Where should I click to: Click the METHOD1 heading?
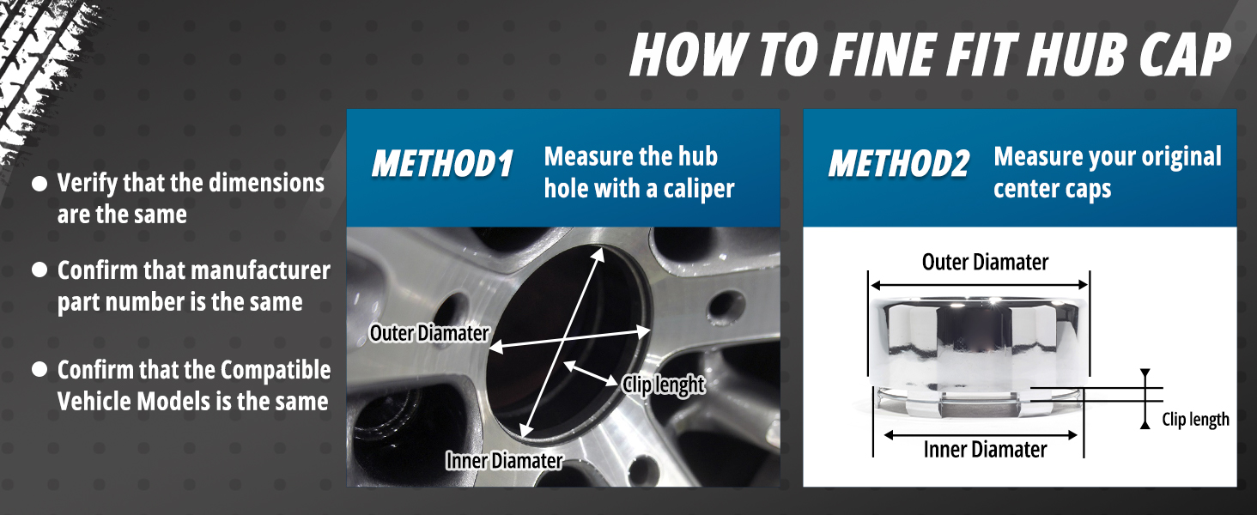click(442, 164)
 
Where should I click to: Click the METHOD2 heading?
click(899, 164)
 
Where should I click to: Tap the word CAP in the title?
click(1182, 54)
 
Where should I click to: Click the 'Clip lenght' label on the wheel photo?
click(664, 385)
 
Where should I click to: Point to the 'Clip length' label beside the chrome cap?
click(1195, 419)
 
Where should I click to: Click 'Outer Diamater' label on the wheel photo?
click(429, 333)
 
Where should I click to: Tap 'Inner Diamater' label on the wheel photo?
click(504, 461)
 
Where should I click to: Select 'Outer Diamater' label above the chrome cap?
click(985, 262)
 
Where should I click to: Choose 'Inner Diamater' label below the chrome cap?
click(985, 450)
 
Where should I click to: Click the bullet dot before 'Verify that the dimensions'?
click(39, 184)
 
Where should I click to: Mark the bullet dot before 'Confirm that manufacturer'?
click(39, 270)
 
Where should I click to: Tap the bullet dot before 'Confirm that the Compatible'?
click(39, 370)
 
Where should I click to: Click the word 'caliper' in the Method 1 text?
click(699, 190)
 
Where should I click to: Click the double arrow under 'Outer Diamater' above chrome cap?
click(979, 286)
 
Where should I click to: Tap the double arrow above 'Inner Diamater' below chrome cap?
click(981, 435)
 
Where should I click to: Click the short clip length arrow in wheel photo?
click(591, 373)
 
